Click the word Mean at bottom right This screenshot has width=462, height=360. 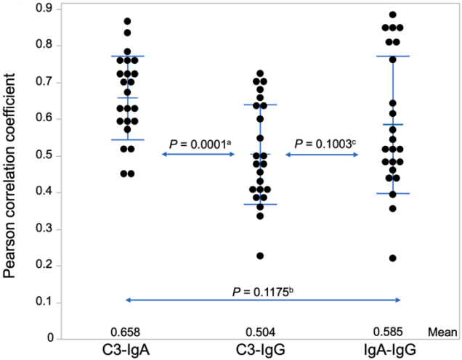pyautogui.click(x=445, y=333)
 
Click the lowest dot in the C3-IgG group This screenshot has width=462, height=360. pyautogui.click(x=259, y=255)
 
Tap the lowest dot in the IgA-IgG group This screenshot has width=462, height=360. pyautogui.click(x=393, y=258)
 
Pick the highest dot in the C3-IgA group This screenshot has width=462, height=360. pyautogui.click(x=127, y=21)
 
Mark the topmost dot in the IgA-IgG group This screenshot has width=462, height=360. pyautogui.click(x=393, y=15)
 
